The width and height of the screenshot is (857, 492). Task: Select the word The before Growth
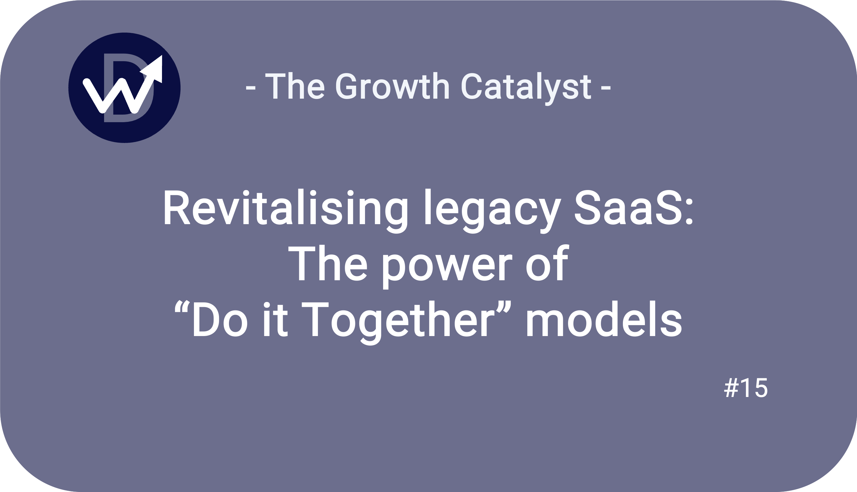(x=295, y=86)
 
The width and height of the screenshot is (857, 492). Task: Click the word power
(x=448, y=267)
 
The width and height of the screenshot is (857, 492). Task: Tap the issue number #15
(x=746, y=388)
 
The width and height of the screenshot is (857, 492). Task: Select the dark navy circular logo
(x=124, y=88)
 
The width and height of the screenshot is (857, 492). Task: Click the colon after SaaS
(x=690, y=212)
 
